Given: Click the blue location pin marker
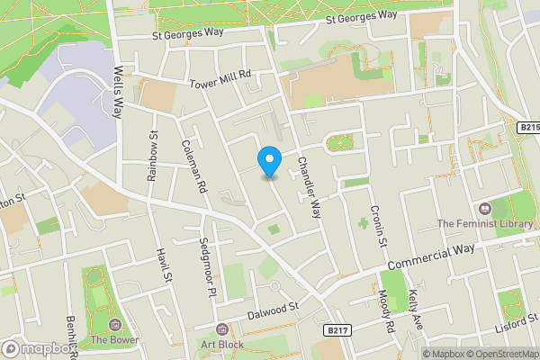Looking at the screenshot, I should tap(268, 161).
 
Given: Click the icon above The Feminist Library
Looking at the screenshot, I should tap(485, 207).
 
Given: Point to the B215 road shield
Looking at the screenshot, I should tap(529, 129).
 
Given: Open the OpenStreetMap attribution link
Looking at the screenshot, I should tap(494, 354).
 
